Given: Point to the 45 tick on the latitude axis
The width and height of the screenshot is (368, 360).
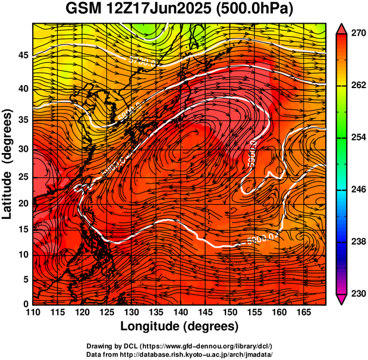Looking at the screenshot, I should (x=22, y=56).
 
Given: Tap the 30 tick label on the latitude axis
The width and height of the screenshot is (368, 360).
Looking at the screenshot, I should (x=22, y=149).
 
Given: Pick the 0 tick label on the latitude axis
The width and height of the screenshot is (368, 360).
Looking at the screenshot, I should (x=25, y=304).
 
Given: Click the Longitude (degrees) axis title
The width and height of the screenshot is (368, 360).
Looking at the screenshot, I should (x=180, y=327).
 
